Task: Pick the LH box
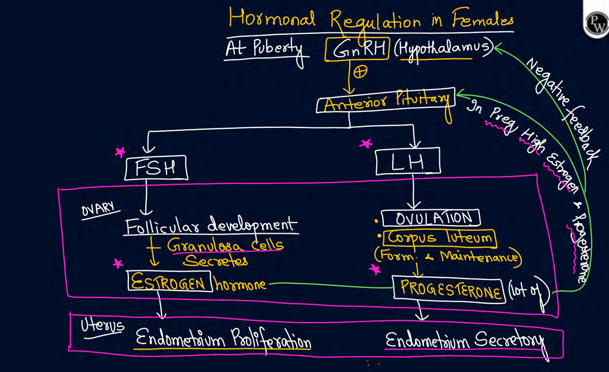tap(408, 162)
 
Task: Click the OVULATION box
tap(431, 218)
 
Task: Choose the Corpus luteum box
tap(440, 237)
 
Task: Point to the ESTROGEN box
tap(169, 281)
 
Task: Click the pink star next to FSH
tap(120, 152)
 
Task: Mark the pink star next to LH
tap(367, 143)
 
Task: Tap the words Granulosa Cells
tap(225, 245)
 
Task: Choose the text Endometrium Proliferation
tap(223, 340)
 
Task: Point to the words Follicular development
tap(210, 225)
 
